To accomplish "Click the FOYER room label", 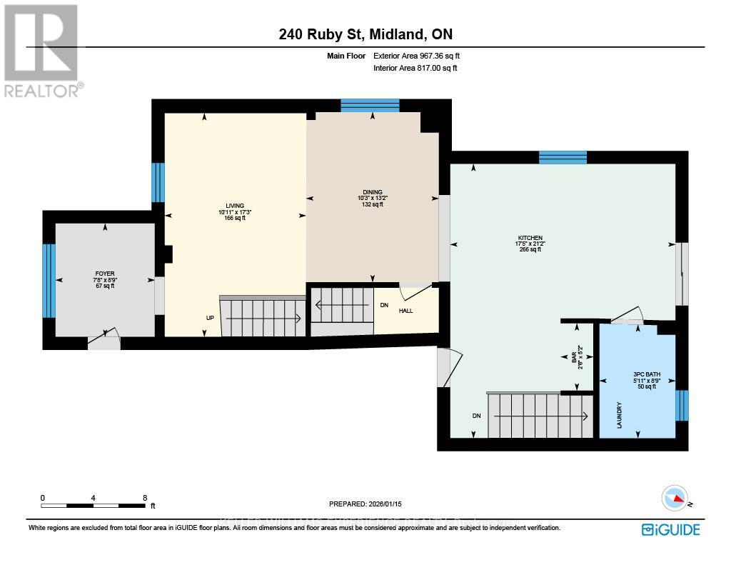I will click(x=105, y=274).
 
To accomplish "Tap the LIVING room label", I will click(x=226, y=206).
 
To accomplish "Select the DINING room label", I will click(x=372, y=192).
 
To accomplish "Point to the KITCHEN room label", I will click(x=530, y=238).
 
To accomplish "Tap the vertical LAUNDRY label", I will click(x=619, y=415).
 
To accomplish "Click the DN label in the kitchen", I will click(x=476, y=416).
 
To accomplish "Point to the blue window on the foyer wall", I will click(x=49, y=281).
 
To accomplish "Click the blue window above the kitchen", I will click(x=563, y=157).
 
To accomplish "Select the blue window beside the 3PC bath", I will click(x=682, y=405).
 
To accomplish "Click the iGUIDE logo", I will click(x=670, y=529).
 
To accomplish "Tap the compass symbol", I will click(x=675, y=499).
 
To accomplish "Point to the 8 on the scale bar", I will click(x=145, y=498).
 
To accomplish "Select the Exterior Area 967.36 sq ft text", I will click(x=421, y=56).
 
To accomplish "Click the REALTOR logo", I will click(x=41, y=50).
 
